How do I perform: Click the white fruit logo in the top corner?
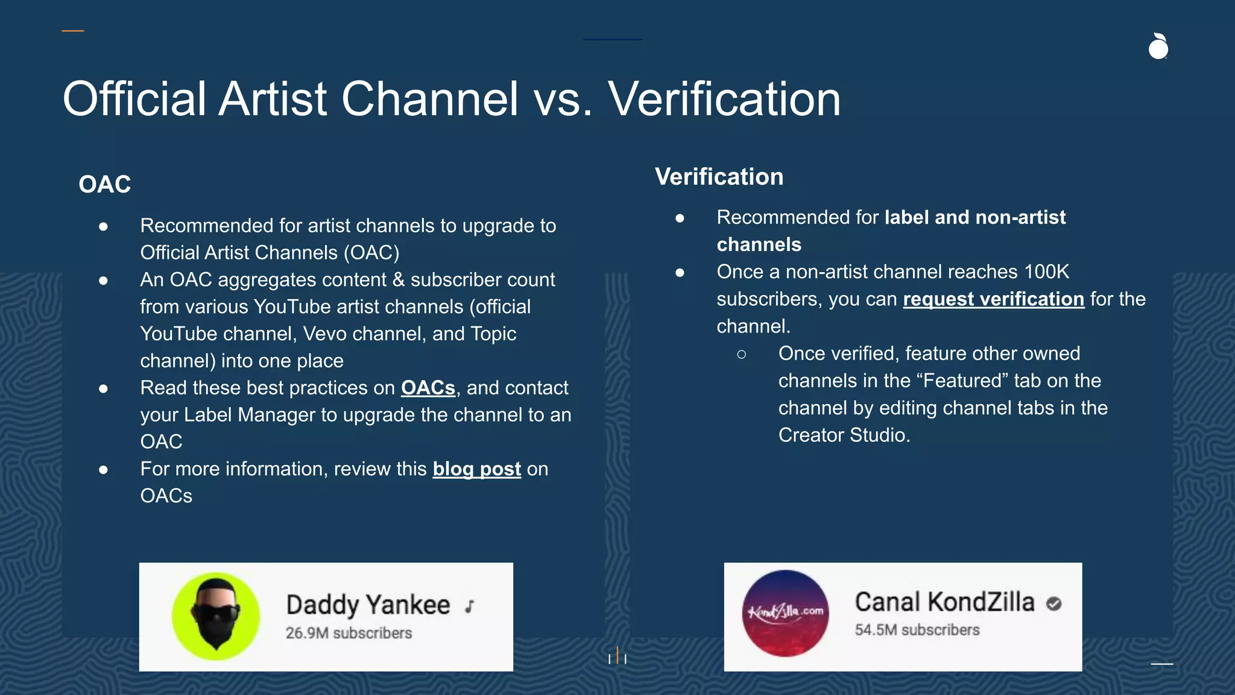coord(1158,47)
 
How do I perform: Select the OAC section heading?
coord(104,184)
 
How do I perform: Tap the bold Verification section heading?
coord(719,177)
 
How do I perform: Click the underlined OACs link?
coord(428,388)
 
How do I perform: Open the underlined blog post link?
coord(476,469)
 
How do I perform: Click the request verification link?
coord(993,299)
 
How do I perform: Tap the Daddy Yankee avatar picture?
coord(216,616)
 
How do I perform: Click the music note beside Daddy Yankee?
coord(470,606)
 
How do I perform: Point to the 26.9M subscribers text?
coord(349,633)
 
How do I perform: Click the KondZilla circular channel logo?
coord(785,613)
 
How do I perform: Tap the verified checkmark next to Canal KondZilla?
coord(1053,603)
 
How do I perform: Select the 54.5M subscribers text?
coord(917,630)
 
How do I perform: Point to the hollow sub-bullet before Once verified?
coord(741,354)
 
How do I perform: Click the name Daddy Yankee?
coord(368,605)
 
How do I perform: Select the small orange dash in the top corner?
coord(72,31)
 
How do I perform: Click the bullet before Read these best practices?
coord(103,389)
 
